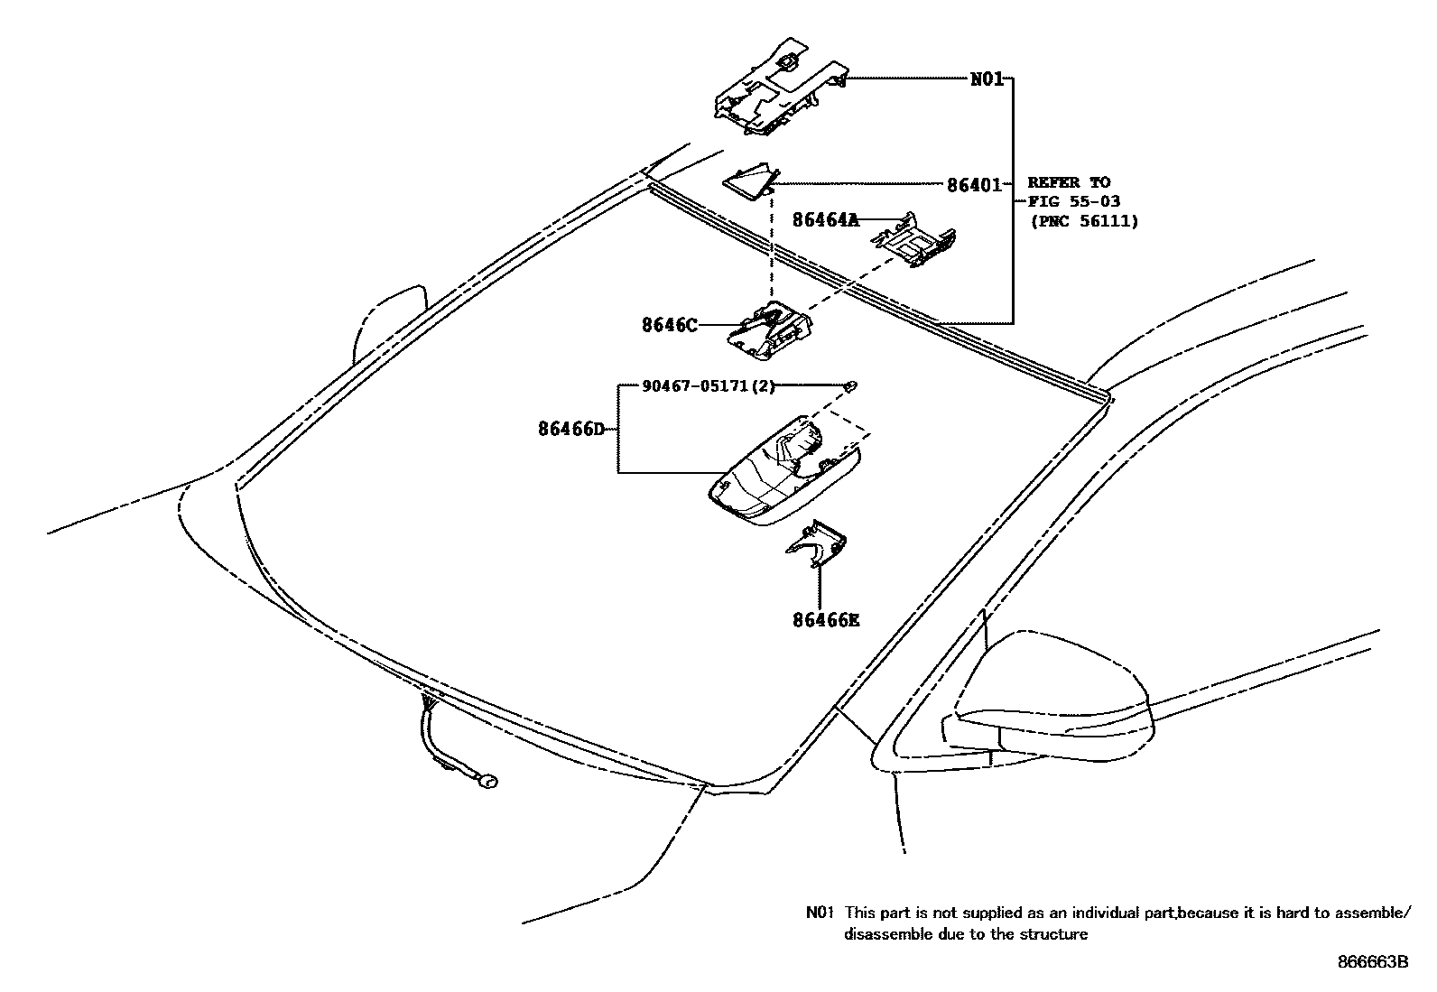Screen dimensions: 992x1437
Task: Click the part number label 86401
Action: pos(974,185)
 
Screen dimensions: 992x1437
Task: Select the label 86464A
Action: pos(826,219)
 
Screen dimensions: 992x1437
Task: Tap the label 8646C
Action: pos(669,325)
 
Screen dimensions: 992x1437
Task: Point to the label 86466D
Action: pos(570,429)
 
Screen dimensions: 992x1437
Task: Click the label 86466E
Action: pos(826,620)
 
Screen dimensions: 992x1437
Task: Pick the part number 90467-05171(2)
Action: pos(708,386)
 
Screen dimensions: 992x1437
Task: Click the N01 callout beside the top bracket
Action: pos(987,79)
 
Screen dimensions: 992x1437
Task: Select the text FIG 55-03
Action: pos(1074,201)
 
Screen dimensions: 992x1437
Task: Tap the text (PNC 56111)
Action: pos(1084,220)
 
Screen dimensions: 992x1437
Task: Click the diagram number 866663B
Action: pos(1372,962)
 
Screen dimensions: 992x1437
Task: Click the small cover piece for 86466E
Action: pos(818,544)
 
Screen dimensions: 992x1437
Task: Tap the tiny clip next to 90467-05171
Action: pos(850,386)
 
